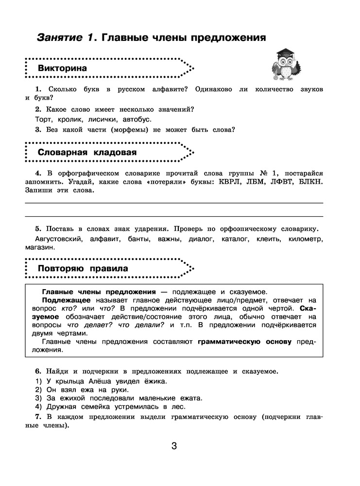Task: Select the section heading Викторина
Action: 63,69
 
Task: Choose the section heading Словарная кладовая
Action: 87,153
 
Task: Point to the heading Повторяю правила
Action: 83,268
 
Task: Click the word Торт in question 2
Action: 44,119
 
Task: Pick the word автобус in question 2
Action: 137,119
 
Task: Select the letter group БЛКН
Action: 309,182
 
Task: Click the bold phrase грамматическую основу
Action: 244,342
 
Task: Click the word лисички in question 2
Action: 102,119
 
